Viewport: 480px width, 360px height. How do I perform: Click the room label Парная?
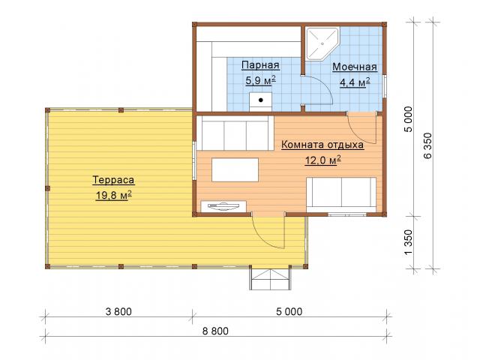point(260,65)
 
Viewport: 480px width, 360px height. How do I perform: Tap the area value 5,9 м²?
point(260,80)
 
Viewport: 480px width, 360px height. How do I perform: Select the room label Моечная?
point(355,67)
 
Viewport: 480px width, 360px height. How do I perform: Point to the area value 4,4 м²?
point(355,82)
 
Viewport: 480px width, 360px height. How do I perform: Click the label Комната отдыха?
point(322,145)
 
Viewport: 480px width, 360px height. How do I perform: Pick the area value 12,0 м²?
point(323,160)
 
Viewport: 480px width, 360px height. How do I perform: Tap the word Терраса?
point(113,180)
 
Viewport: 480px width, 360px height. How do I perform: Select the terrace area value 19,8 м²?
point(113,195)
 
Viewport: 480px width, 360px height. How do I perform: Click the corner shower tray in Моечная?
point(322,43)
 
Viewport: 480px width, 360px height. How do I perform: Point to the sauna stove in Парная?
point(260,101)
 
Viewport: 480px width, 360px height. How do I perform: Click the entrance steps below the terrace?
point(270,277)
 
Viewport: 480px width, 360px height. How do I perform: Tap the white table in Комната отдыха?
point(235,169)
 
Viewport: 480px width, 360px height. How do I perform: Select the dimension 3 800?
point(118,312)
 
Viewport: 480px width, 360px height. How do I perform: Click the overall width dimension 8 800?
point(215,331)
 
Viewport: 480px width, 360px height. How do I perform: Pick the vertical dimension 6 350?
point(427,145)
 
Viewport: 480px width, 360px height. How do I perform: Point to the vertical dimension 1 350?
point(409,242)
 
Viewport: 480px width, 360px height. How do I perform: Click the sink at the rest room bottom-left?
point(223,206)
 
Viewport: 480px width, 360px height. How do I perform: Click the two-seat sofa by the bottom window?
point(341,194)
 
